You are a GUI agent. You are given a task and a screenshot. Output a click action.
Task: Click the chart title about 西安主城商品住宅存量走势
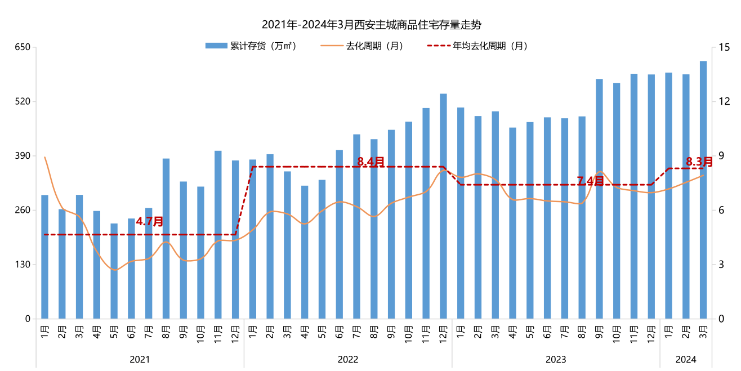[x=372, y=25]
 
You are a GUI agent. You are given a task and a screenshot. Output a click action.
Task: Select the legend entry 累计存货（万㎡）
[x=251, y=46]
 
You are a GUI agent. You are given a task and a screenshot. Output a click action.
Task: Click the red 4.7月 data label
[x=150, y=221]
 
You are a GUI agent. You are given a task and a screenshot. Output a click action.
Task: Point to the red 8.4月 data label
[x=371, y=162]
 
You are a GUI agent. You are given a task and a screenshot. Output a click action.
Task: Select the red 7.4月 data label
[x=590, y=181]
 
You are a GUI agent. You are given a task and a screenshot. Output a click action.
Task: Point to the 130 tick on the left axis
[x=22, y=265]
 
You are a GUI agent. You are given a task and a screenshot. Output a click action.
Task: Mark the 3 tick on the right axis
[x=721, y=265]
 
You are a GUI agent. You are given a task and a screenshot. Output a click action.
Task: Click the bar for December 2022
[x=443, y=206]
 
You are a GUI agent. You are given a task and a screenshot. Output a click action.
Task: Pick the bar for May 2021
[x=114, y=271]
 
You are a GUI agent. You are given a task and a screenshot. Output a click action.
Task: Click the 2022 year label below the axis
[x=348, y=359]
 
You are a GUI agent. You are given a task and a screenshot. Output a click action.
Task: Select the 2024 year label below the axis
[x=686, y=359]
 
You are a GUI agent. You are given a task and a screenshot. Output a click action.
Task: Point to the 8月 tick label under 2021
[x=166, y=329]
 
